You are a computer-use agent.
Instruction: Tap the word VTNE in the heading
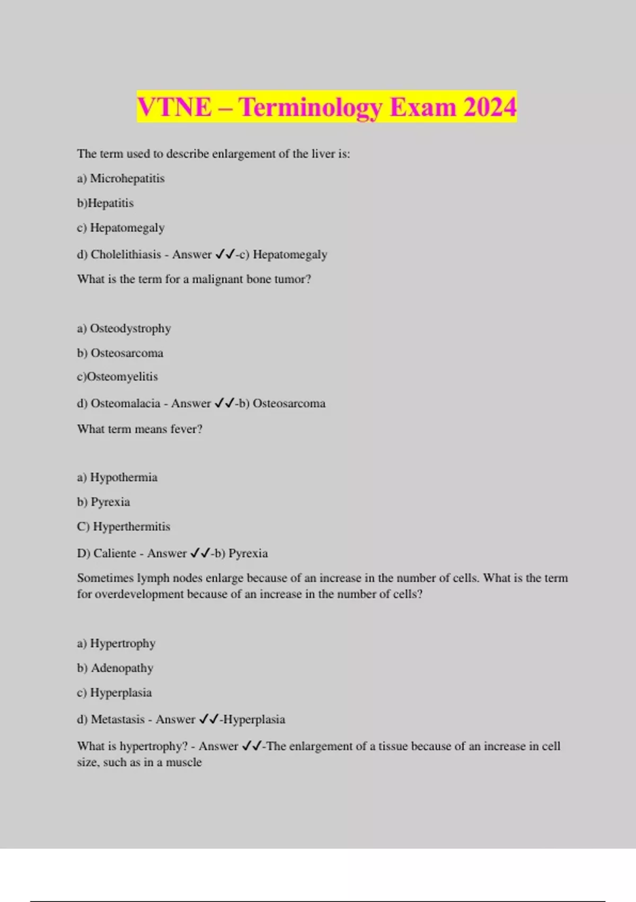pyautogui.click(x=174, y=107)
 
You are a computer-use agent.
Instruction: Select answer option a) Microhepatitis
pyautogui.click(x=121, y=178)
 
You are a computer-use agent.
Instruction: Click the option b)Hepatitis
pyautogui.click(x=105, y=203)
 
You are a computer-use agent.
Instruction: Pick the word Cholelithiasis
pyautogui.click(x=126, y=254)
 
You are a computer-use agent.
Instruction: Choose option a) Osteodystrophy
pyautogui.click(x=124, y=328)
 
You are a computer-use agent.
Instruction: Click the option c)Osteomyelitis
pyautogui.click(x=117, y=377)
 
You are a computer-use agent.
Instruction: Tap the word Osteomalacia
pyautogui.click(x=125, y=403)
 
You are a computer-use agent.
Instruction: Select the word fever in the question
pyautogui.click(x=185, y=429)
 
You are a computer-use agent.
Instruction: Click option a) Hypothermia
pyautogui.click(x=117, y=478)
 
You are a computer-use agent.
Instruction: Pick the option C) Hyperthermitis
pyautogui.click(x=123, y=526)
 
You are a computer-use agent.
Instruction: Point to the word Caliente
pyautogui.click(x=114, y=553)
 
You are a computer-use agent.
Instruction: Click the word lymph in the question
pyautogui.click(x=154, y=578)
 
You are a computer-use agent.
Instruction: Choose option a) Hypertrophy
pyautogui.click(x=116, y=643)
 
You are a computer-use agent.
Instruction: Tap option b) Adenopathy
pyautogui.click(x=115, y=667)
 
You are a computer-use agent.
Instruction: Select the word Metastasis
pyautogui.click(x=118, y=719)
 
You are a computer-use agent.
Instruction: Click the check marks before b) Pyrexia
pyautogui.click(x=201, y=553)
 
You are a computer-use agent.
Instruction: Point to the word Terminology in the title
pyautogui.click(x=310, y=107)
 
